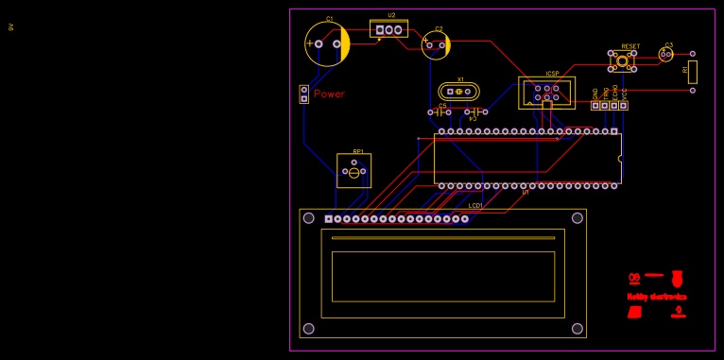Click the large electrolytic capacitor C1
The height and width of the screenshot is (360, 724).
coord(327,43)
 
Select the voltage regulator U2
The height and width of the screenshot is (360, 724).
coord(388,30)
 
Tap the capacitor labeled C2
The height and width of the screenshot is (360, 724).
coord(435,44)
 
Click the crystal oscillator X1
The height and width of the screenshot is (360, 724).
coord(458,92)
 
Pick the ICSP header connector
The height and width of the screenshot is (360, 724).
coord(546,93)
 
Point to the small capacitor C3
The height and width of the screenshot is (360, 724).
coord(666,55)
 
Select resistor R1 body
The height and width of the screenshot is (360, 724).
coord(692,72)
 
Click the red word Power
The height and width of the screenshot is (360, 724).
coord(329,94)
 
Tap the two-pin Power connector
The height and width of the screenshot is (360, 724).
coord(303,94)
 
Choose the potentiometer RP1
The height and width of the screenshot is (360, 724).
coord(353,171)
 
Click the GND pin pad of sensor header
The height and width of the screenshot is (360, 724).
coord(595,105)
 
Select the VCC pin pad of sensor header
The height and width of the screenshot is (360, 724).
coord(624,105)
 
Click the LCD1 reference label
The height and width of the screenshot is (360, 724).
coord(475,205)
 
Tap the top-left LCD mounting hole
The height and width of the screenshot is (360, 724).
coord(308,218)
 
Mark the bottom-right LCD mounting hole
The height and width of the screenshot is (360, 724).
coord(577,329)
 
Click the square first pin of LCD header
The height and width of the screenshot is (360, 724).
coord(328,219)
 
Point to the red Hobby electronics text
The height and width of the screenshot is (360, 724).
coord(657,297)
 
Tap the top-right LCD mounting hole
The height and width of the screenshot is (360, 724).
coord(577,218)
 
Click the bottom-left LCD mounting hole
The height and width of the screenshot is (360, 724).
coord(308,329)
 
